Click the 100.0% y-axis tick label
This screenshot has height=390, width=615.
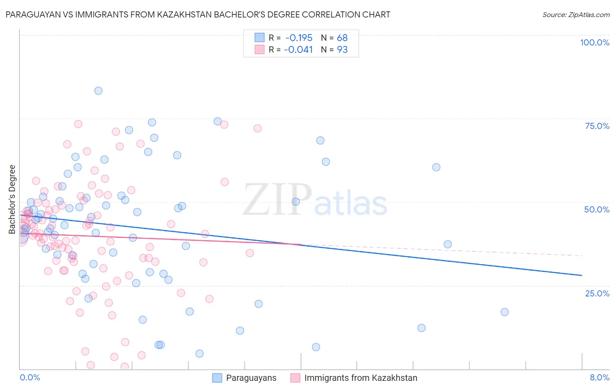click(594, 42)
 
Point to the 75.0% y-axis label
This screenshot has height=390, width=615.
click(597, 126)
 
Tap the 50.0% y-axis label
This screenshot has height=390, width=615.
click(597, 209)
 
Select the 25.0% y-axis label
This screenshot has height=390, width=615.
click(597, 293)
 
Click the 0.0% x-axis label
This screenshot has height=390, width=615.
click(30, 377)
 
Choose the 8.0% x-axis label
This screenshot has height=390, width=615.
click(599, 377)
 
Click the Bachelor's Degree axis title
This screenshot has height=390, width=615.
click(12, 199)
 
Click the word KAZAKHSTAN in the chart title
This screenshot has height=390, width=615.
click(230, 14)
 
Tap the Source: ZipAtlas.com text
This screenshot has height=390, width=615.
click(576, 14)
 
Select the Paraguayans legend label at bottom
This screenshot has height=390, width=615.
click(251, 378)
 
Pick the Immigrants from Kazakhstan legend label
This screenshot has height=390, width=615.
click(360, 378)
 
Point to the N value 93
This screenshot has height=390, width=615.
click(342, 49)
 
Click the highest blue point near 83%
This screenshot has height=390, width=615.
click(98, 91)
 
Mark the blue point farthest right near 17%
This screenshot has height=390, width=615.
click(504, 312)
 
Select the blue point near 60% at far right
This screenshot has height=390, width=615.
click(436, 167)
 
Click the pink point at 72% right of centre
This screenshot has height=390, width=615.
click(257, 129)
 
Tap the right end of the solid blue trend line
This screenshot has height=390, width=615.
click(582, 275)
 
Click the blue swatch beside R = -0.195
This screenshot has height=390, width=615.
click(259, 38)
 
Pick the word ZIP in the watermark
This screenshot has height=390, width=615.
click(277, 199)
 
